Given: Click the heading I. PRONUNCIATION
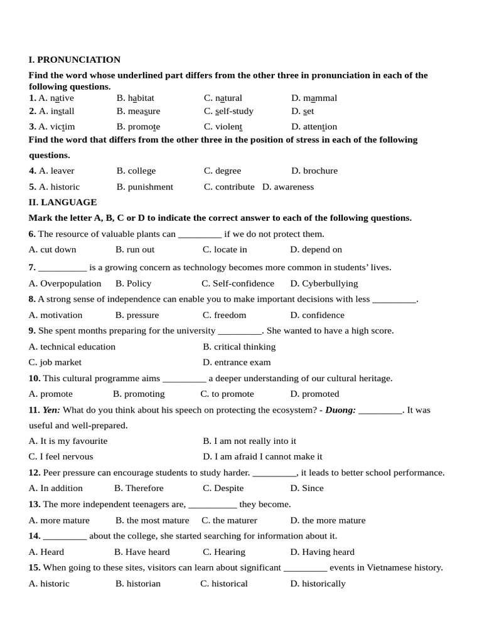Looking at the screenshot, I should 75,60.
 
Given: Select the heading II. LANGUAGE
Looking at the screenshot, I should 63,202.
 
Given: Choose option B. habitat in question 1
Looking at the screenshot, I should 135,98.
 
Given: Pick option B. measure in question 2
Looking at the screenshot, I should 138,111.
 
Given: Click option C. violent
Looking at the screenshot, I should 223,126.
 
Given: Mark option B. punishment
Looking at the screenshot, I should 144,186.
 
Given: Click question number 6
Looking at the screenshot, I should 32,234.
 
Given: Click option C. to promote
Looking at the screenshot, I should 227,394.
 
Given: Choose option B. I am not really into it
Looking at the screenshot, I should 249,441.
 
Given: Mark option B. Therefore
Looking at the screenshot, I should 139,488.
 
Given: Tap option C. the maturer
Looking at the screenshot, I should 229,520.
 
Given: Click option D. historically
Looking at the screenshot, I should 318,584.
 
